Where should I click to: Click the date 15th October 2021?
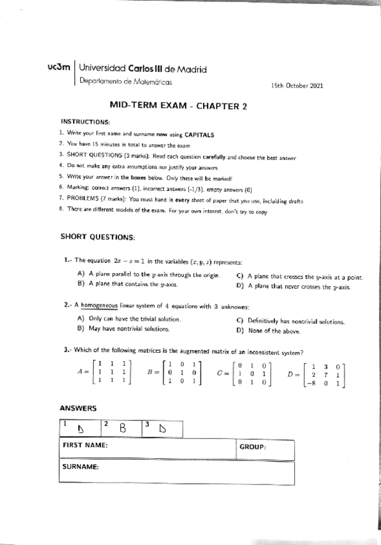tap(297, 85)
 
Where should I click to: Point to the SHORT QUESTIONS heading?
tap(98, 237)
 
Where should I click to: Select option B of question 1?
tap(127, 283)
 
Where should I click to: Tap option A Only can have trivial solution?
tap(128, 318)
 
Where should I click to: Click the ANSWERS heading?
tap(78, 408)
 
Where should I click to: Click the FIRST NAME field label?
tap(84, 445)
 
